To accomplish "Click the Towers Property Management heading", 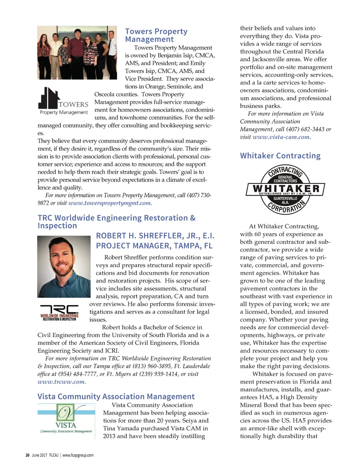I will [156, 35].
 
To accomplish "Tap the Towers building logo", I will [63, 101].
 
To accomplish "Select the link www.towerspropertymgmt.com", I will [110, 203].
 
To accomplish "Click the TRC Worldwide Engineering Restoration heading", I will [116, 222].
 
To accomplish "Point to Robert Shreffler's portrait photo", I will [64, 266].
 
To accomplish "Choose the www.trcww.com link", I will [62, 382].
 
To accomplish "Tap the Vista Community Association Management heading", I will [116, 397].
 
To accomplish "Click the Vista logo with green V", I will [66, 420].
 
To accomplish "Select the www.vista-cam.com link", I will [282, 137].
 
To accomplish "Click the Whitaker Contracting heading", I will [280, 156].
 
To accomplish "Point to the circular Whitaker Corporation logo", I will [285, 189].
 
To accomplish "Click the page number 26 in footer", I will [27, 455].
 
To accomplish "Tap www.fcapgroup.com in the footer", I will [78, 455].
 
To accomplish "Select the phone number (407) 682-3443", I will [305, 129].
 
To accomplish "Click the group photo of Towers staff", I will [77, 52].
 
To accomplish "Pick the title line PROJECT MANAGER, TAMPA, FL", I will [154, 246].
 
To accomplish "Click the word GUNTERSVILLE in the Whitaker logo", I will [285, 198].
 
